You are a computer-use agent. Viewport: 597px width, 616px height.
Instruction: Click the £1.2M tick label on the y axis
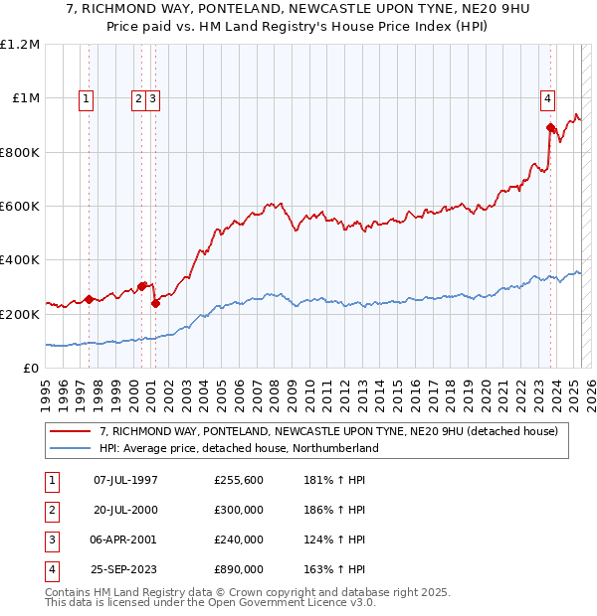pos(20,45)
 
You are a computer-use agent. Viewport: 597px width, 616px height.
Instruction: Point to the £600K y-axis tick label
pos(20,207)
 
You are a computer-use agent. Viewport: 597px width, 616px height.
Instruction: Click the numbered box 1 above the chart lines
pos(88,98)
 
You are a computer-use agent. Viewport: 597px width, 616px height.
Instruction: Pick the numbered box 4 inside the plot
pos(548,98)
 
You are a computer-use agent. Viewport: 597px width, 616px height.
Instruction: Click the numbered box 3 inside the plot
pos(154,98)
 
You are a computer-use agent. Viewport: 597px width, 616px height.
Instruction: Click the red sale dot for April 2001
pos(155,303)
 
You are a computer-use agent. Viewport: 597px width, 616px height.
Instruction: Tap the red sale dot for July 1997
pos(90,299)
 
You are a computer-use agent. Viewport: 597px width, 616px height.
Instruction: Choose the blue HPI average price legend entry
pos(239,448)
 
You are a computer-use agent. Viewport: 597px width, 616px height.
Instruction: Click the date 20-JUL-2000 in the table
pos(126,510)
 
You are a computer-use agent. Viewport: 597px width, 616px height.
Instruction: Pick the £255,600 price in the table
pos(239,480)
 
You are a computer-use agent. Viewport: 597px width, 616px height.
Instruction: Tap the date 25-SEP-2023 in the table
pos(126,569)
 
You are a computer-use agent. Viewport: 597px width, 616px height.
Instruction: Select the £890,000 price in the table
pos(239,569)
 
